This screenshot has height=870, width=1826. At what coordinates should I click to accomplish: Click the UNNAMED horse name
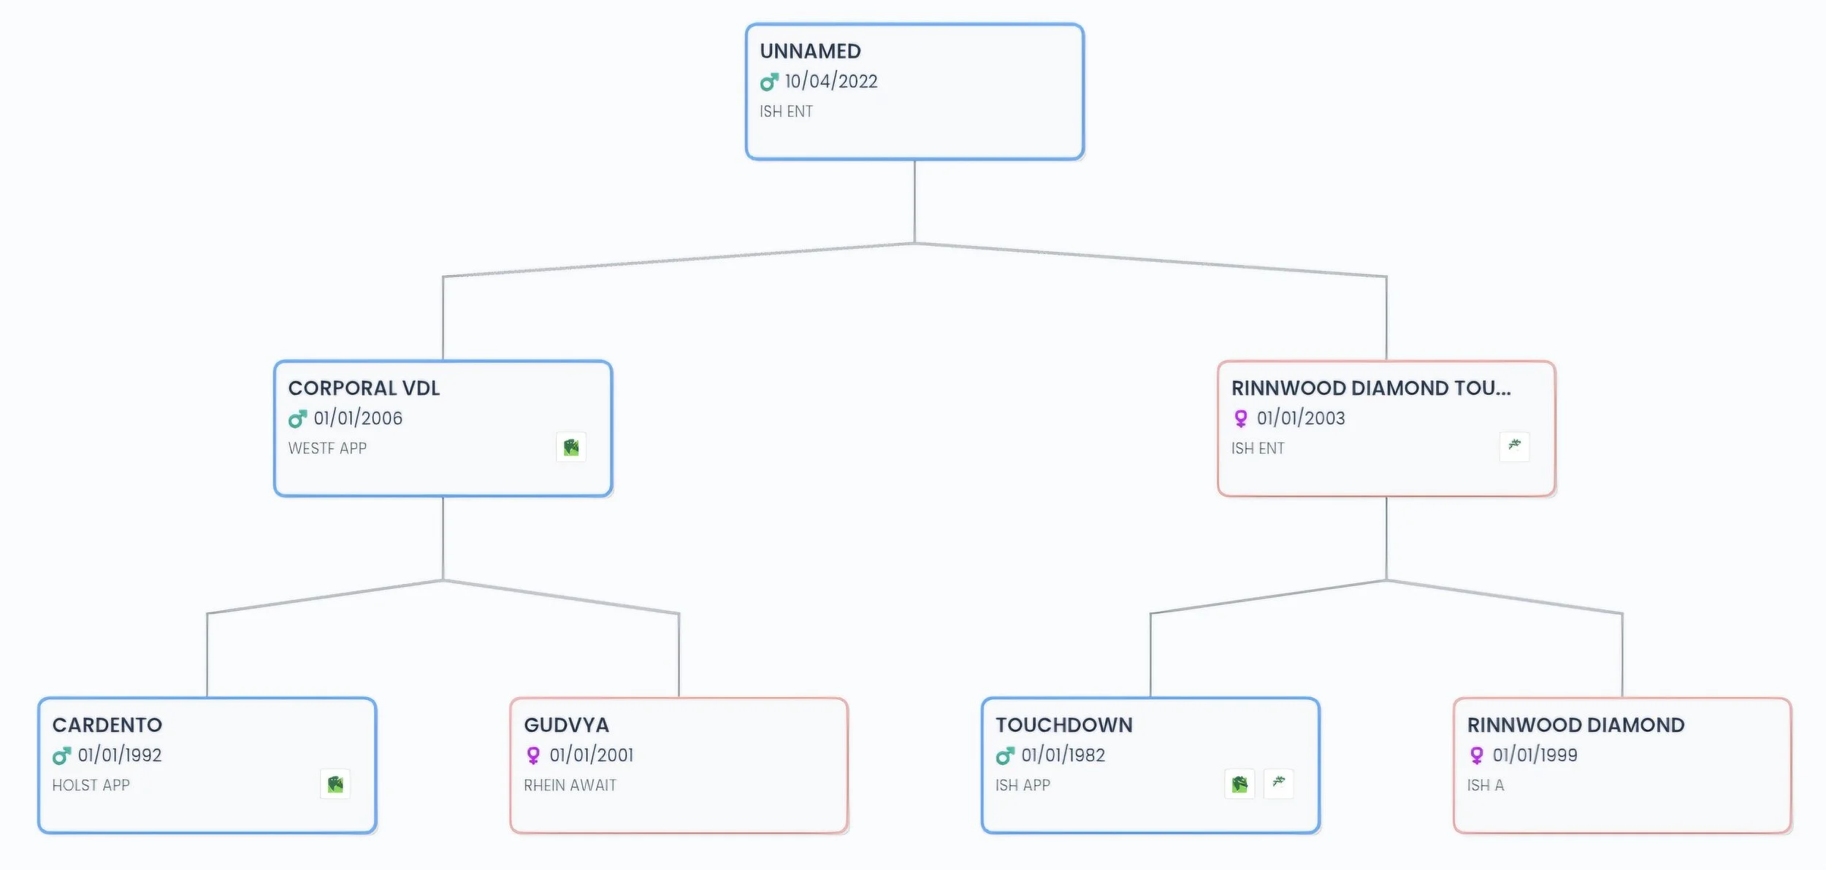[x=810, y=51]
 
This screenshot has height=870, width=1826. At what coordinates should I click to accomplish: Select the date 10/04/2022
[x=831, y=81]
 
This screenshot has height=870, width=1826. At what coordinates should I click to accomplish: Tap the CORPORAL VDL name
[x=364, y=388]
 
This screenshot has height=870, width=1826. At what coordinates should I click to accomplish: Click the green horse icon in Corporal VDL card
[x=571, y=447]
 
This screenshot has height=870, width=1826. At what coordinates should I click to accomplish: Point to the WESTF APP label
[x=327, y=448]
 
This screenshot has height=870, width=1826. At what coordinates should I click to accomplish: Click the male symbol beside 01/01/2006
[x=297, y=419]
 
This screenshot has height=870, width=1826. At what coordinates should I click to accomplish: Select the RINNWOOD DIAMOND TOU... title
[x=1371, y=388]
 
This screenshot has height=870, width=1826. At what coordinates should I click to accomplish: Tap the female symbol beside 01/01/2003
[x=1240, y=418]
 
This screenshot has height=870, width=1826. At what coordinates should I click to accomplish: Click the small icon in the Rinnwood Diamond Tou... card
[x=1514, y=447]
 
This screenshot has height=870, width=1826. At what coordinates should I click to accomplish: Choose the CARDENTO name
[x=107, y=725]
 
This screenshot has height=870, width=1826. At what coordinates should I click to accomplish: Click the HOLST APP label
[x=91, y=785]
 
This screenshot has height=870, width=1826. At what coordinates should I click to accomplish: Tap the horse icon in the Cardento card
[x=335, y=784]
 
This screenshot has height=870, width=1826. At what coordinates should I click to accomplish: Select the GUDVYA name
[x=566, y=725]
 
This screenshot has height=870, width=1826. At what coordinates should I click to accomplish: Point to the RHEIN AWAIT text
[x=570, y=785]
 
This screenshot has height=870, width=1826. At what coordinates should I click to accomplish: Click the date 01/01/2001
[x=592, y=755]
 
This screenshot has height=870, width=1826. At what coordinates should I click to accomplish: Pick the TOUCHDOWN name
[x=1064, y=725]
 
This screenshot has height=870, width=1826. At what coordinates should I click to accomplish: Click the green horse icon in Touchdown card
[x=1239, y=784]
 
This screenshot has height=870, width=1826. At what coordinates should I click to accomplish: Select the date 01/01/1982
[x=1063, y=755]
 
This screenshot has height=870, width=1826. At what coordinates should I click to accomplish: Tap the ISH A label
[x=1486, y=785]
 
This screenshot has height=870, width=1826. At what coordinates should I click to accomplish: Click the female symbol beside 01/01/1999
[x=1476, y=755]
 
